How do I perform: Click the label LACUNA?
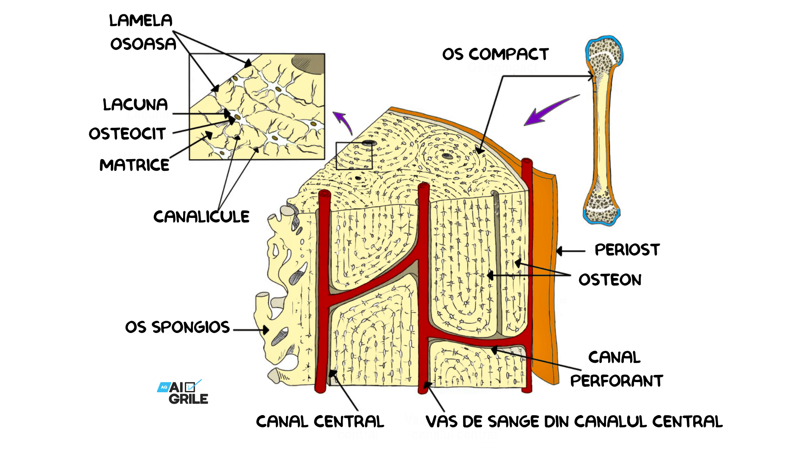(x=135, y=105)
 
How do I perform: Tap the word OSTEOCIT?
(x=127, y=134)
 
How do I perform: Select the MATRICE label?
(x=134, y=165)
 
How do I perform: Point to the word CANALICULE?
(x=201, y=217)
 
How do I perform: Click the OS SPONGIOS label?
(x=177, y=327)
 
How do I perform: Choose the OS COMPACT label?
(x=495, y=54)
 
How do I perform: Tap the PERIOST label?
(x=627, y=250)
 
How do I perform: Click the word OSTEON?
(x=610, y=280)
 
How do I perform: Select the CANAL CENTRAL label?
(x=320, y=421)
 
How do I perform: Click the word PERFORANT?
(x=616, y=381)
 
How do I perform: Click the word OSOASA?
(x=143, y=44)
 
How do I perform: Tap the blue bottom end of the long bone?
(x=601, y=218)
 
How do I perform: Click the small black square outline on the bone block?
(x=354, y=156)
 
